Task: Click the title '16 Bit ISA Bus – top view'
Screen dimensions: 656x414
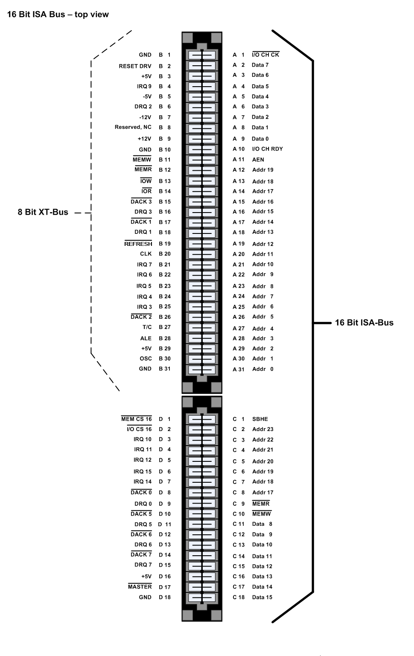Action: (x=58, y=15)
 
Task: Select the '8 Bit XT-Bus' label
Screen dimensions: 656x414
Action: (x=43, y=212)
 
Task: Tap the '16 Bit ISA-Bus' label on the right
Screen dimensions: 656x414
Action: (x=364, y=323)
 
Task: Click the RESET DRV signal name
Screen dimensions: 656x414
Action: (x=135, y=66)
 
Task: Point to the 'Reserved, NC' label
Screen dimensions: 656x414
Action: (x=133, y=127)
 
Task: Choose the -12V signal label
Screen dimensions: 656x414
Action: (x=145, y=117)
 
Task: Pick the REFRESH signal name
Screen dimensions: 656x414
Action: (x=138, y=244)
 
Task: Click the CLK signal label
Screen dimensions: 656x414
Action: (x=146, y=254)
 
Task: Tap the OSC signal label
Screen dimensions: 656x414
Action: (x=146, y=359)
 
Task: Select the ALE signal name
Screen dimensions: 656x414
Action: (x=146, y=338)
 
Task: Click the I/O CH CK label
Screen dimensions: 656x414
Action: (x=265, y=55)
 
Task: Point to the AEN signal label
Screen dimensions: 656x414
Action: (x=258, y=160)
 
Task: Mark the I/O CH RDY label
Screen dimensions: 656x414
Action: (x=268, y=149)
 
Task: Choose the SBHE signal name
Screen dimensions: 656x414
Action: (x=260, y=419)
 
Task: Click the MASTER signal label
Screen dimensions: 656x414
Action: (x=140, y=587)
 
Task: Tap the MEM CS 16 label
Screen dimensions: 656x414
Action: (x=137, y=419)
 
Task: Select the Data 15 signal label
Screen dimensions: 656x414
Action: (x=262, y=597)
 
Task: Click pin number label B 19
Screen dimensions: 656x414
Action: (x=165, y=244)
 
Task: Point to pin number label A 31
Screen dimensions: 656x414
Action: (x=239, y=369)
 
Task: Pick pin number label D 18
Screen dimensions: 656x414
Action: (x=165, y=597)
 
